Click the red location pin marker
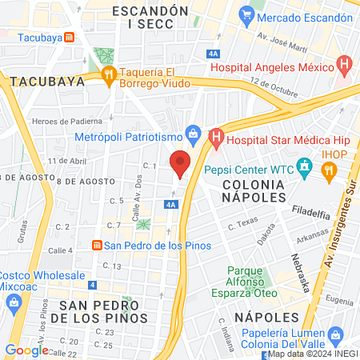pos(181,163)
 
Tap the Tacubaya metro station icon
pos(70,36)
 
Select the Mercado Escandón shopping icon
pos(246,14)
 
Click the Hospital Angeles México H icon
pos(344,62)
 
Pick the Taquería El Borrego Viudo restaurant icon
pos(109,74)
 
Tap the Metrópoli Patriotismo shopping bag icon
pos(192,134)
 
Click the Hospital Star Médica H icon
pos(215,138)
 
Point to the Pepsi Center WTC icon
pos(303,168)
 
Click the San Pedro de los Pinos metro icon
pos(96,245)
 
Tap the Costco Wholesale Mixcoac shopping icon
pos(14,302)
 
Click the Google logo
pos(26,350)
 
